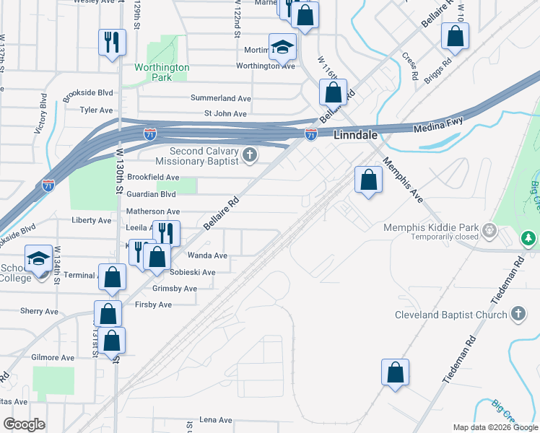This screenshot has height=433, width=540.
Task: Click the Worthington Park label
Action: pos(162,72)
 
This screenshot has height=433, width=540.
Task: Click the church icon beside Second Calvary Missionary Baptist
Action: pos(250,155)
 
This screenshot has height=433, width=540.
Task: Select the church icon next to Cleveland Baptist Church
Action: pos(517,314)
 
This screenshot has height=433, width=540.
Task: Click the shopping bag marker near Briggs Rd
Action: pos(456,36)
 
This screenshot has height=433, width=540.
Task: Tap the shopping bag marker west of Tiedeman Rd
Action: pos(395,372)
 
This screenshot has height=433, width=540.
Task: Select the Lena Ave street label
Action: pos(215,420)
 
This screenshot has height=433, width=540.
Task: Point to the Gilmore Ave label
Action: pos(53,357)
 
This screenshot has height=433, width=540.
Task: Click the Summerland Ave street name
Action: pos(220,98)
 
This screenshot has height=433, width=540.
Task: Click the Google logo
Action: pos(24,424)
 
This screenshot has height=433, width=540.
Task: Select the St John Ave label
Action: pos(225,113)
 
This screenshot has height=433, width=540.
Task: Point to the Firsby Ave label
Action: pos(153,305)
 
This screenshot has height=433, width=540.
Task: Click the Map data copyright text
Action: pos(495,427)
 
